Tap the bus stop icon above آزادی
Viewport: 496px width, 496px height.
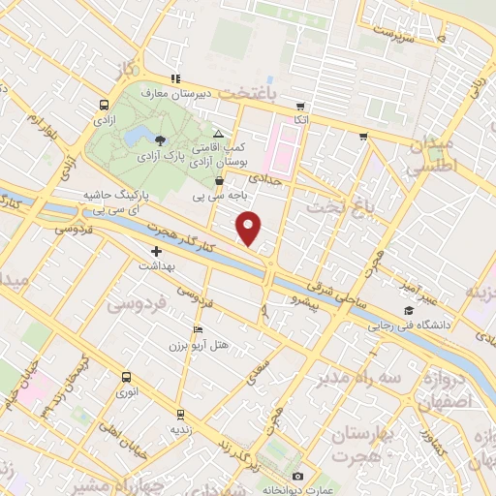[x=104, y=105]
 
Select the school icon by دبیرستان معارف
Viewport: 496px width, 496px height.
[x=175, y=78]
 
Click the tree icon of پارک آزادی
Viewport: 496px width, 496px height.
[x=160, y=141]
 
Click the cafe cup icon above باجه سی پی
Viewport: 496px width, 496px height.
[x=219, y=180]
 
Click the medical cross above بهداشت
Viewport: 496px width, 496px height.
[x=157, y=251]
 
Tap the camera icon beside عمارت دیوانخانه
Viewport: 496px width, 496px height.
[x=298, y=477]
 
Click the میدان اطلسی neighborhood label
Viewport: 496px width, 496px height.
[x=427, y=155]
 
